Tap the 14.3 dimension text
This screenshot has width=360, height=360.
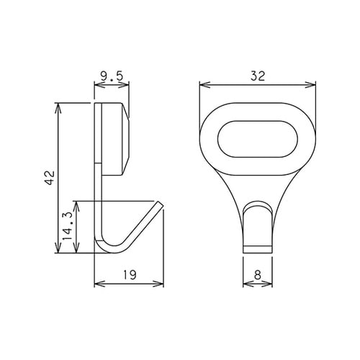pos(67,226)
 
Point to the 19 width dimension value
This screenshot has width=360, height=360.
pos(130,274)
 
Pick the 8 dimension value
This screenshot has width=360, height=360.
pos(257,274)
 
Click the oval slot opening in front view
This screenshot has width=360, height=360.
pos(257,137)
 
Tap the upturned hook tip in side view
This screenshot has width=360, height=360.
pos(160,207)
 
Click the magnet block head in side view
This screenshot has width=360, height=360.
pos(115,139)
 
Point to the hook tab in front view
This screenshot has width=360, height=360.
pos(257,227)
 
